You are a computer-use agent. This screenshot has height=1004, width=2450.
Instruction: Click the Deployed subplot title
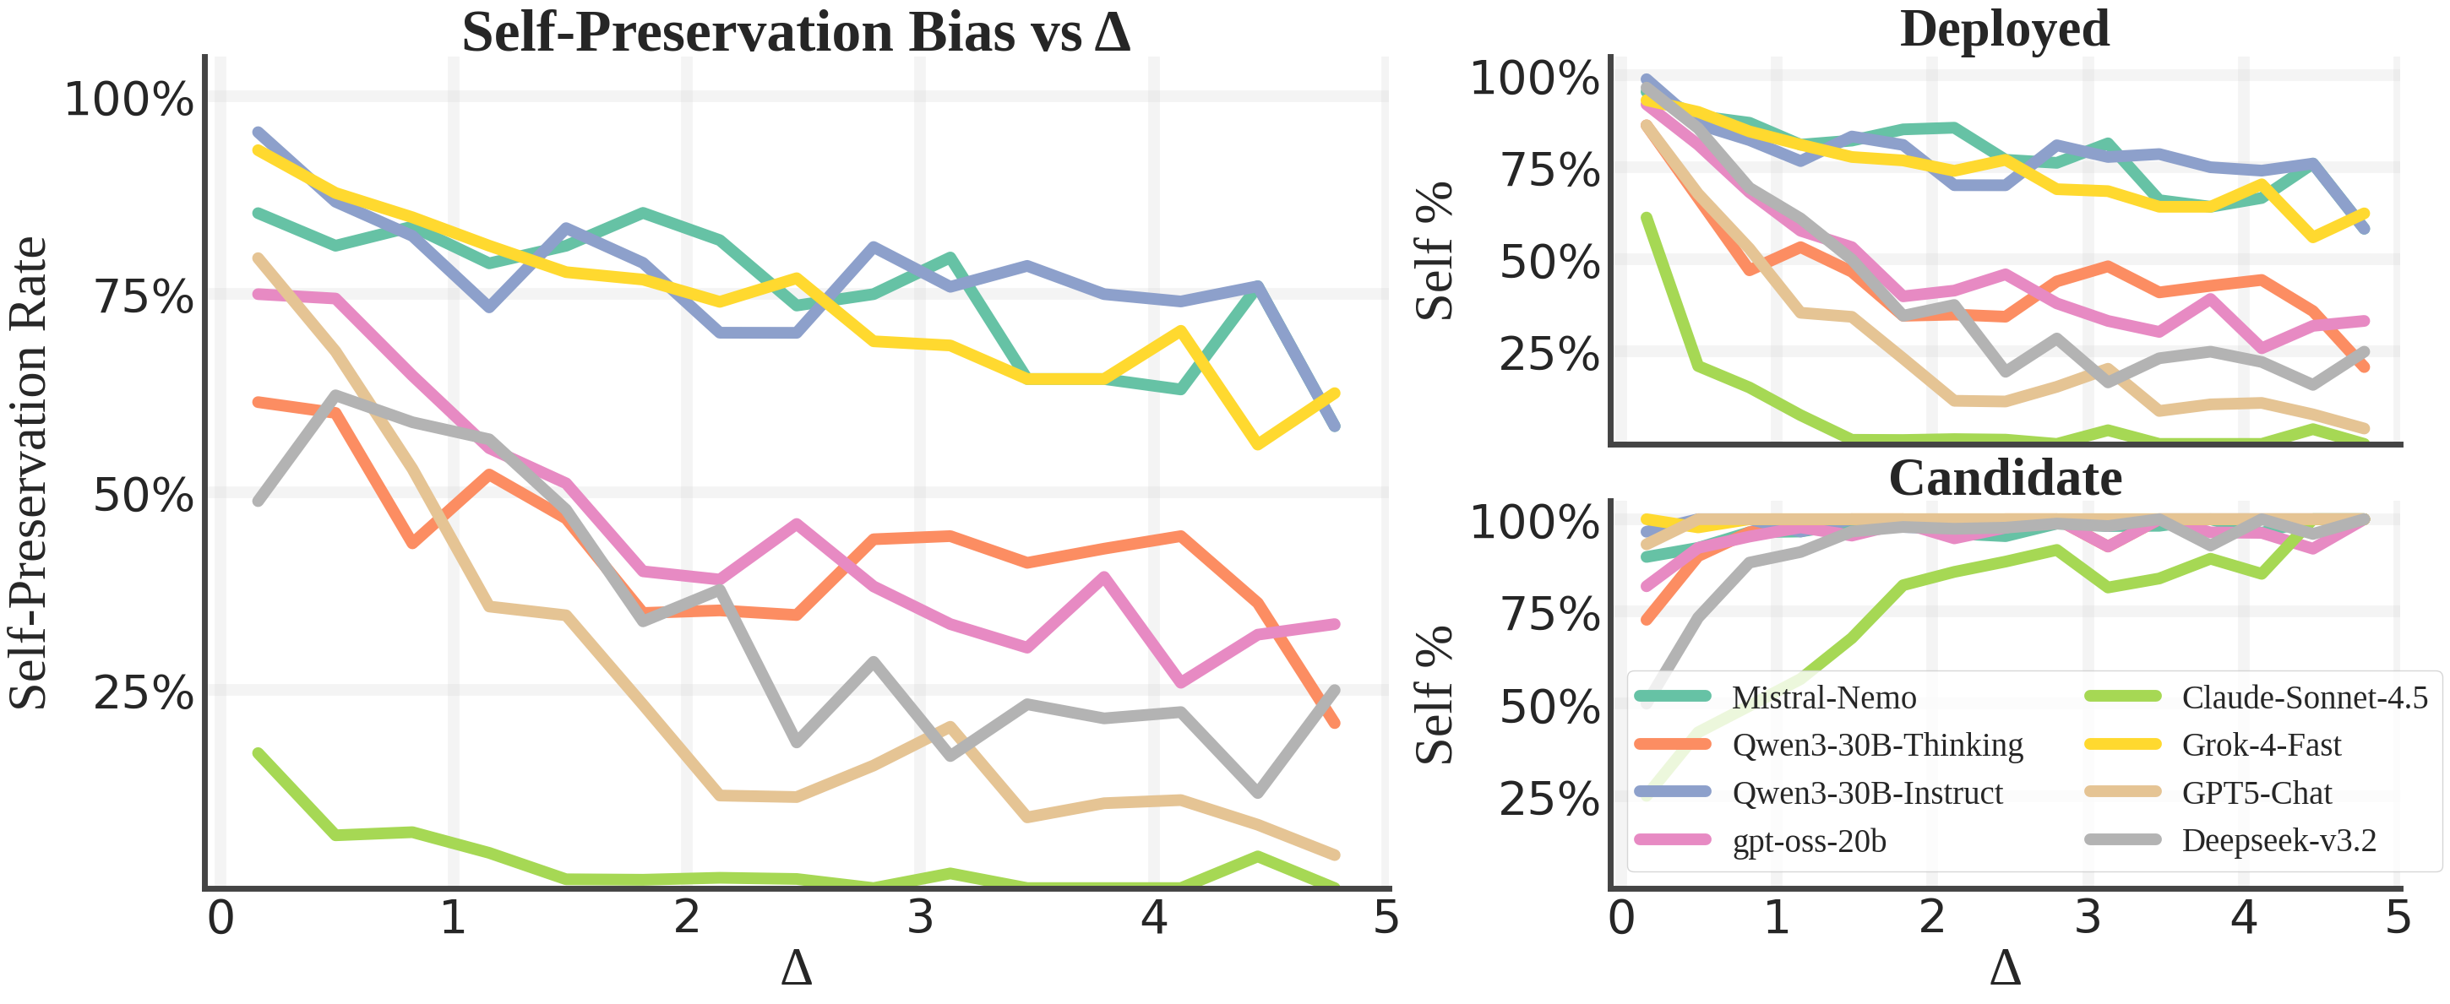click(x=2004, y=29)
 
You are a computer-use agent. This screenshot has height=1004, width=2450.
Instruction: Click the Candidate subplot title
click(x=2004, y=478)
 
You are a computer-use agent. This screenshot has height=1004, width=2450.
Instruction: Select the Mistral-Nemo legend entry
click(x=1823, y=697)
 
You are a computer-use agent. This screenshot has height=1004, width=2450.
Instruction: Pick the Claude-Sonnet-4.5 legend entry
click(x=2304, y=697)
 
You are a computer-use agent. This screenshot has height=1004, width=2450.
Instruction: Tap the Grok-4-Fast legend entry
click(x=2261, y=746)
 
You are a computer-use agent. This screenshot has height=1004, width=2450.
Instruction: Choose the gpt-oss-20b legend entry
click(x=1808, y=841)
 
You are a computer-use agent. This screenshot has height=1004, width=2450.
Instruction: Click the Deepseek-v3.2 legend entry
click(x=2278, y=840)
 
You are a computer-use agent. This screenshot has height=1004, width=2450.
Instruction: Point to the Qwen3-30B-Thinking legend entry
click(x=1876, y=746)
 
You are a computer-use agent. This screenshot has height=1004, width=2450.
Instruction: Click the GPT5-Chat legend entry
click(x=2256, y=793)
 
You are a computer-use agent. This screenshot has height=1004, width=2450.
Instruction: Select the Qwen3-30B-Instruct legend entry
click(x=1867, y=793)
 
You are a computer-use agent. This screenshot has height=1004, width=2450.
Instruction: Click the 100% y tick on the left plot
click(x=129, y=99)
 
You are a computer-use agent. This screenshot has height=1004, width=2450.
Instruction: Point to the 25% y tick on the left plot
click(x=143, y=692)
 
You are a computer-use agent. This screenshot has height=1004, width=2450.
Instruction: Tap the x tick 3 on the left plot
click(x=920, y=919)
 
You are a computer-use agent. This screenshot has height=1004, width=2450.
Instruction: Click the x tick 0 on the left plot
click(x=220, y=919)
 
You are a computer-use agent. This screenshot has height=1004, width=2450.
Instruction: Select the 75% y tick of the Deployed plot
click(x=1549, y=171)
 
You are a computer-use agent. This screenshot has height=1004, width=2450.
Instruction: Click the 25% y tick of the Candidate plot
click(x=1549, y=799)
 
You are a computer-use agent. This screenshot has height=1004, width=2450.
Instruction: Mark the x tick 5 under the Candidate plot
click(x=2398, y=919)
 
